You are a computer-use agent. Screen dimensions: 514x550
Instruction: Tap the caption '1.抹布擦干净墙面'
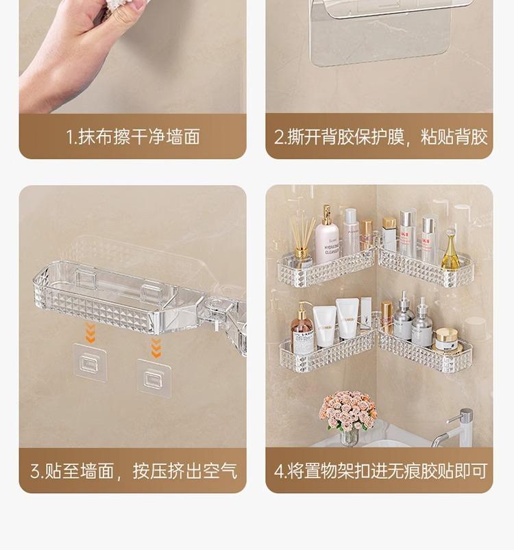(133, 136)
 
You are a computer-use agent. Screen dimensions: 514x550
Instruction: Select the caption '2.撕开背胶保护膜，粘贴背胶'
(380, 136)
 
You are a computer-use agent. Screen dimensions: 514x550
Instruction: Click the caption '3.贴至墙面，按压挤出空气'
(134, 471)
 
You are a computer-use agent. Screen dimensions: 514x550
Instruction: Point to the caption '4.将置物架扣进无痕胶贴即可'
(380, 471)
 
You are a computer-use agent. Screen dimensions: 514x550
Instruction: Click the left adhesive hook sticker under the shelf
(90, 362)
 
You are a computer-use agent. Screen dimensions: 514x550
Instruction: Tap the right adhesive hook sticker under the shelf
(154, 379)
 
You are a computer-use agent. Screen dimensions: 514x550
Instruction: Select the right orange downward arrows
(156, 348)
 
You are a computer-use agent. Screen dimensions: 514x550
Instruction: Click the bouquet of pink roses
(347, 410)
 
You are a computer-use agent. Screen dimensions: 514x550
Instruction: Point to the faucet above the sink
(456, 429)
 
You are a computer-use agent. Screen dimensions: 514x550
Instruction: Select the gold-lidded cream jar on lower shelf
(447, 340)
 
